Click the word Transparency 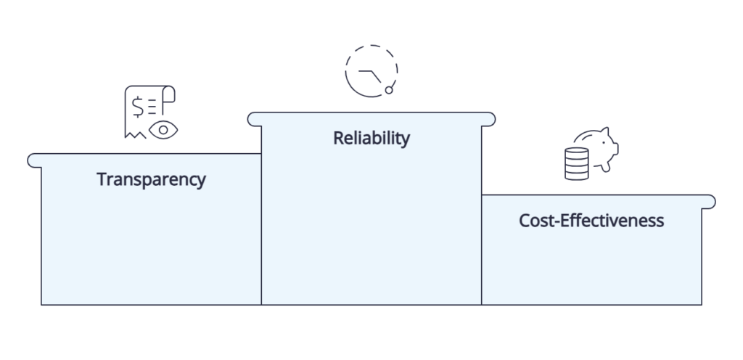coord(151,179)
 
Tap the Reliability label coord(371,139)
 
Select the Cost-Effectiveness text coord(591,221)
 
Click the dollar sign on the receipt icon coord(138,107)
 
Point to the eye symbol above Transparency coord(163,130)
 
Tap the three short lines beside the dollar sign coord(152,107)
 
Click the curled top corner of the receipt coord(169,94)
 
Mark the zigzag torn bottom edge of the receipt coord(136,135)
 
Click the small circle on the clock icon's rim coord(389,90)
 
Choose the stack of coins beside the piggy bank coord(577,164)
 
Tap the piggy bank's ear coord(604,131)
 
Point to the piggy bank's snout coord(615,149)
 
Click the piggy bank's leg coord(605,167)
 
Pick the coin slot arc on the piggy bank coord(585,136)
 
